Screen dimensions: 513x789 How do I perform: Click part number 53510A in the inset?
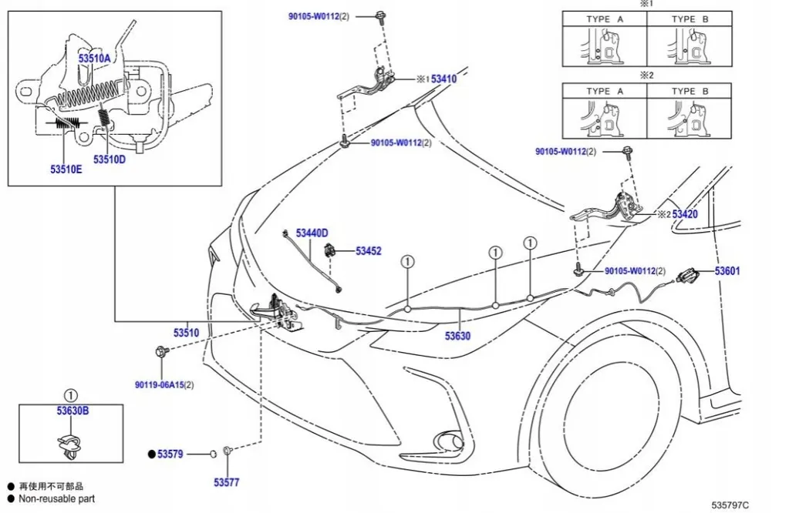[94, 57]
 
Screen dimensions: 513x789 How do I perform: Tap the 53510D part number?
[110, 159]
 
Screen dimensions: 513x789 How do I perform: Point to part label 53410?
[443, 79]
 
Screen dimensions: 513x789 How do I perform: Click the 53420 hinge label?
[684, 214]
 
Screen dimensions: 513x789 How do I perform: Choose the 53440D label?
[312, 233]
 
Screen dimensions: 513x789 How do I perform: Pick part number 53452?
[369, 250]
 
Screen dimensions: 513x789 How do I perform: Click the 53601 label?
[727, 270]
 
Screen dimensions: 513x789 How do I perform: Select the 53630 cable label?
[457, 336]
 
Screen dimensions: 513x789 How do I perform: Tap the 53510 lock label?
[186, 333]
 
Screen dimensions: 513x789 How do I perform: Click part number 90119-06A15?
[164, 384]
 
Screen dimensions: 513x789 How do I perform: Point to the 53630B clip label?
[72, 411]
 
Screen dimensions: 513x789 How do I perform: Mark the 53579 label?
[170, 454]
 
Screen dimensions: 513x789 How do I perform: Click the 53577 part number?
[227, 482]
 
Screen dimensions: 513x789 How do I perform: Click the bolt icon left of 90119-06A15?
[160, 352]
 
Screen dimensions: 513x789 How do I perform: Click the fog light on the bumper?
[450, 441]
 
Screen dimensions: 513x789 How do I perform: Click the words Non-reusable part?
[57, 498]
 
